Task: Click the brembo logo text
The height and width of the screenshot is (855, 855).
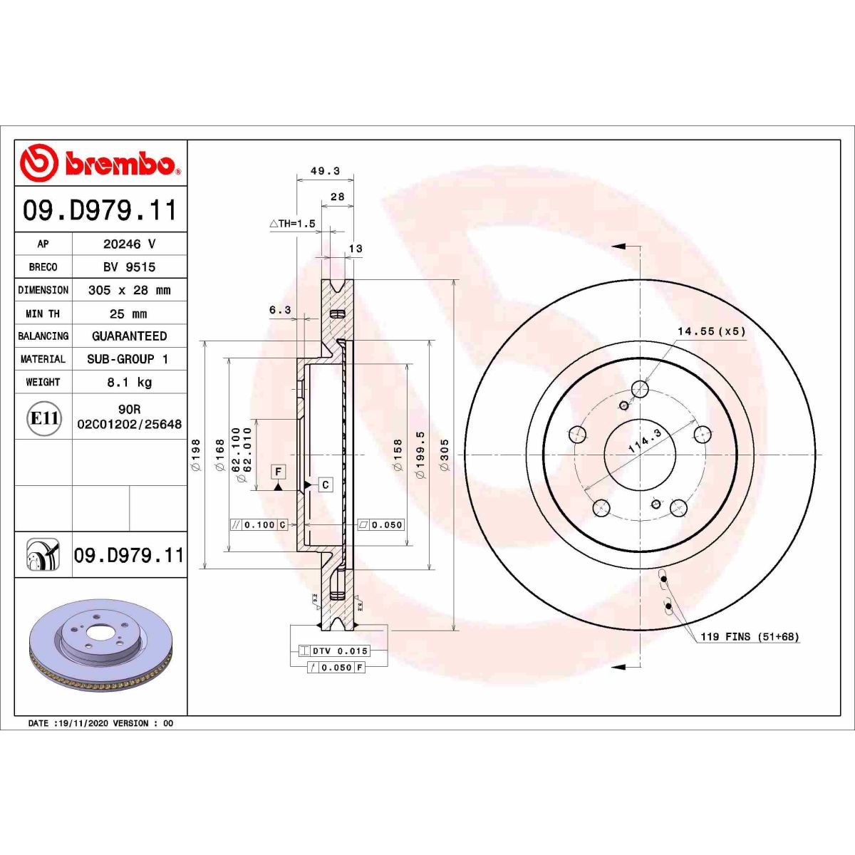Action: pos(120,163)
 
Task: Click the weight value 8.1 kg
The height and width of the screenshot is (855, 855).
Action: pos(129,383)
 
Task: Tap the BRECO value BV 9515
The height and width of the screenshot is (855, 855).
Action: pos(129,267)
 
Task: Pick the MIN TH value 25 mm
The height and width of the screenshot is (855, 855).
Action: pos(129,313)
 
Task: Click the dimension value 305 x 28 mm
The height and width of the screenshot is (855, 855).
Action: pos(129,290)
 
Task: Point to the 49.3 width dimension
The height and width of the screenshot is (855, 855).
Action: pos(325,171)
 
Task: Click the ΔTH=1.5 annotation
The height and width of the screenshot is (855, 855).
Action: pos(292,224)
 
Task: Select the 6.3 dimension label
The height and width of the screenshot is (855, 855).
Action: pos(280,310)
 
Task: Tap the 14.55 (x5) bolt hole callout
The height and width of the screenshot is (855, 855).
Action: pos(710,331)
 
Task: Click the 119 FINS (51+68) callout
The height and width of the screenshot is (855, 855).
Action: pos(749,636)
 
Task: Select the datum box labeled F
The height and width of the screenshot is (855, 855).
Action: pos(279,472)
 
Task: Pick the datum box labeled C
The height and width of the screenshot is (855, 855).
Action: pos(325,484)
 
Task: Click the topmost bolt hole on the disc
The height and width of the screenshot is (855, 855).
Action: pos(640,389)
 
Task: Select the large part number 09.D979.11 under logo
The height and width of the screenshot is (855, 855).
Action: pos(100,211)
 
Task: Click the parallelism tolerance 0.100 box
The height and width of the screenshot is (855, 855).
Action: pos(258,525)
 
